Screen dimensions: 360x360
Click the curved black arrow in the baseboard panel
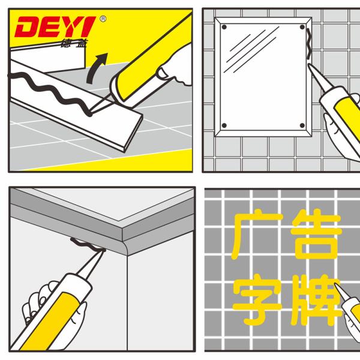(x=96, y=67)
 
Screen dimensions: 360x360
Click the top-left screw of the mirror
(x=224, y=26)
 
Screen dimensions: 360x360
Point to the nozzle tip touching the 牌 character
(x=337, y=287)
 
